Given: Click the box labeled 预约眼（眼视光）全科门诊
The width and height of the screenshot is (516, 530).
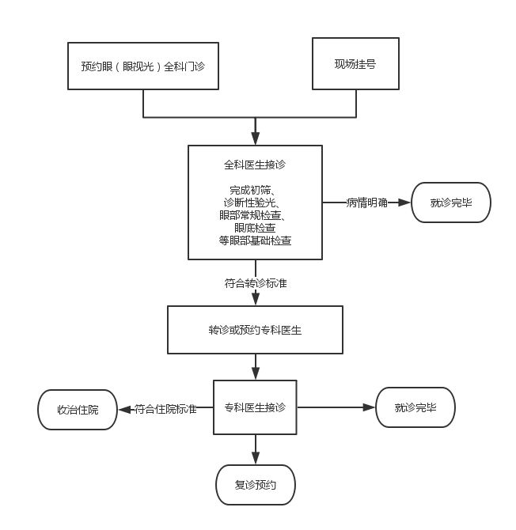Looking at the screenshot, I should point(142,66).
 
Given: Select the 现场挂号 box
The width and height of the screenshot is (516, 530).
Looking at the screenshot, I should point(355,63).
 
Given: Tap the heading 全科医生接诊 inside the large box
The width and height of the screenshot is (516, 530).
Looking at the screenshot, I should point(255,165).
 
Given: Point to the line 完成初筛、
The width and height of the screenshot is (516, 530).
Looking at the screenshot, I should point(255,190).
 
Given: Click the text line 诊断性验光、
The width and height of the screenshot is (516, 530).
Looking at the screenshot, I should point(255,203).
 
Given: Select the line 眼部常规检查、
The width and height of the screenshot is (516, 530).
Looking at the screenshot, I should point(255,215).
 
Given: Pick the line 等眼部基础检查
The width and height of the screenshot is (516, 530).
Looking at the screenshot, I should point(255,240).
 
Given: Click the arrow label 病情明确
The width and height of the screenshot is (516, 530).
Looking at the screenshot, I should point(366,203).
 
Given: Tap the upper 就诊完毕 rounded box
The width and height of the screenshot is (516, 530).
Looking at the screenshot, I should point(451,203).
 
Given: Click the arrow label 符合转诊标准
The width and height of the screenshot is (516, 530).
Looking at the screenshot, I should point(256,282).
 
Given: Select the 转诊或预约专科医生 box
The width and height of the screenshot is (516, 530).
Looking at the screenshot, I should point(255,329).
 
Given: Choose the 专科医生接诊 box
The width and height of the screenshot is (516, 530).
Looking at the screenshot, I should point(255,407).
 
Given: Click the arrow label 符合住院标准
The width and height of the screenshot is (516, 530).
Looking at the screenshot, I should point(165,409).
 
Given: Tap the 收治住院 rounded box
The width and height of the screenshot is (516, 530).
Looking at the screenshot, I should point(78,409).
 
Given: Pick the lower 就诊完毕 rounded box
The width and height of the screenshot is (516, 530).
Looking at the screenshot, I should point(415,407).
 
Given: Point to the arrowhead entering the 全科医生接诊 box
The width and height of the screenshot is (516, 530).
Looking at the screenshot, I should point(255,139).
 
